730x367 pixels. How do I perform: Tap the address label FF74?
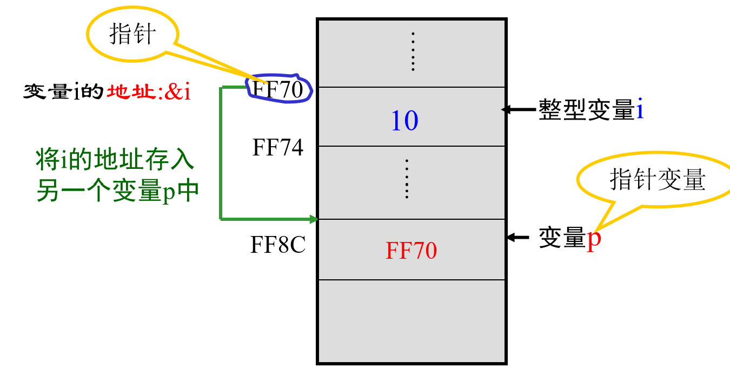[x=278, y=147]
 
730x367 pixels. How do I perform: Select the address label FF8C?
[x=278, y=245]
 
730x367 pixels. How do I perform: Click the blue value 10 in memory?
[x=404, y=120]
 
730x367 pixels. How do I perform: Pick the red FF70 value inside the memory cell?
[x=411, y=251]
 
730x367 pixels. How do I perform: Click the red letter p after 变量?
[x=594, y=238]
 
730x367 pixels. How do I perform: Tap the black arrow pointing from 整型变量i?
[x=518, y=109]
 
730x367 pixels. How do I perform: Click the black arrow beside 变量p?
[x=518, y=237]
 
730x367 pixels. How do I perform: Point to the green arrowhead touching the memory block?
[x=313, y=219]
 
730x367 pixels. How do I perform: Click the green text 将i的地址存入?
[x=115, y=161]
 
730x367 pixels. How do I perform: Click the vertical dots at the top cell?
[x=413, y=51]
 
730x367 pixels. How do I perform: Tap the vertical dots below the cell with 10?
[x=407, y=179]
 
